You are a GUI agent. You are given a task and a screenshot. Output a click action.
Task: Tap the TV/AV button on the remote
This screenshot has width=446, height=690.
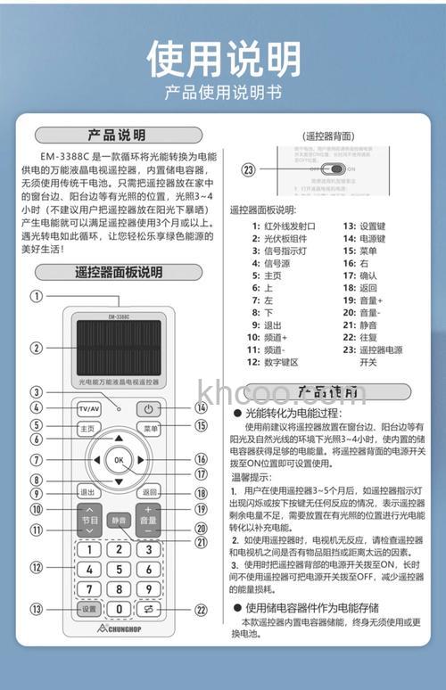[88, 409]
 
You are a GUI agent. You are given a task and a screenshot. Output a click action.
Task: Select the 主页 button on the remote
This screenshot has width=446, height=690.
[87, 429]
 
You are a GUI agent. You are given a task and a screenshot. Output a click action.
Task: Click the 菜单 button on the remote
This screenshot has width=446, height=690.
[149, 429]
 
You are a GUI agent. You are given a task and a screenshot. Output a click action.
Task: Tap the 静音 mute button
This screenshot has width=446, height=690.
[118, 521]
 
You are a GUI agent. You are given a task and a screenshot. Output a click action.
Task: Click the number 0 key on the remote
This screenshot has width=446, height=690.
[118, 609]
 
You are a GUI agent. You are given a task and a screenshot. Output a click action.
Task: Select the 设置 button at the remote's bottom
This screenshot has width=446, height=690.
[87, 609]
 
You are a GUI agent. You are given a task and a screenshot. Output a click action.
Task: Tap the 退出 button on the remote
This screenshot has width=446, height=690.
[87, 491]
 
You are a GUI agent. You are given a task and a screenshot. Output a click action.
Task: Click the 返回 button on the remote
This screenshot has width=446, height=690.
[149, 491]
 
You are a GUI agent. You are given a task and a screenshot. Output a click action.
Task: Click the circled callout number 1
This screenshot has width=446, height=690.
[37, 297]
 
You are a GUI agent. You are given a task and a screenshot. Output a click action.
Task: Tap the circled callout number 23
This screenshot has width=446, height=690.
[249, 169]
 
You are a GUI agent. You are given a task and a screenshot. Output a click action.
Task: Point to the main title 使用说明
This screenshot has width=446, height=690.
[223, 58]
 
